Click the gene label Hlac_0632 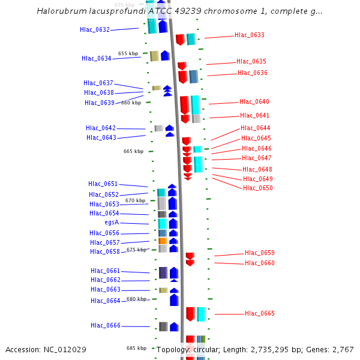[x=95, y=29]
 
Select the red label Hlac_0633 [x=250, y=35]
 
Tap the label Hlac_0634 [x=97, y=58]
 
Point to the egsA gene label [x=112, y=222]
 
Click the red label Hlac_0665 [x=260, y=313]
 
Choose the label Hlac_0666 [x=106, y=325]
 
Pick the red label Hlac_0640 [x=254, y=101]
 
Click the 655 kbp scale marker [x=128, y=53]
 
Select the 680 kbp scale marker [x=136, y=299]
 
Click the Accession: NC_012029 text [x=46, y=349]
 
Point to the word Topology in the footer [x=172, y=349]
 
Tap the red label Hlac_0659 [x=260, y=253]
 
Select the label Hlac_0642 [x=101, y=128]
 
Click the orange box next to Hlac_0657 [x=163, y=241]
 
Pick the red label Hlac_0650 [x=258, y=188]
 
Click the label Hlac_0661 [x=106, y=271]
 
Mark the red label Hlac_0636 [x=253, y=73]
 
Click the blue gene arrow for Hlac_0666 [x=174, y=326]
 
